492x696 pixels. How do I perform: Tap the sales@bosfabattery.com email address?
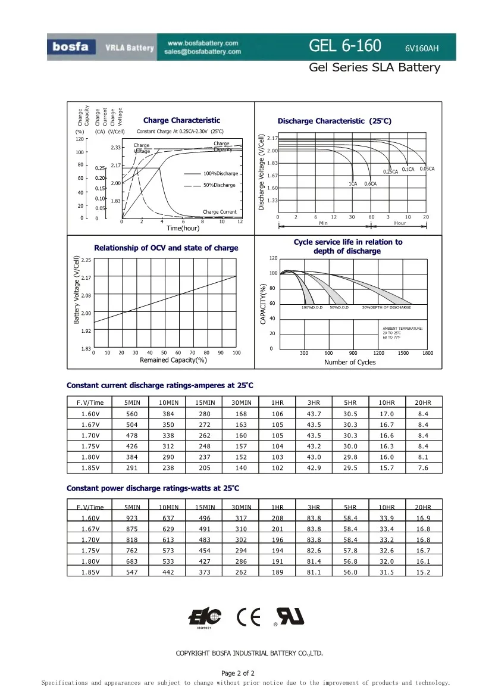(203, 52)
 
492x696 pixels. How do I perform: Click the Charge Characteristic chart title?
(181, 120)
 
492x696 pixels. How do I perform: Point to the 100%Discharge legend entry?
(220, 173)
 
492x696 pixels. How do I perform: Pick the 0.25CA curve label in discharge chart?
(390, 172)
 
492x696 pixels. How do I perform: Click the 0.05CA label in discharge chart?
(427, 169)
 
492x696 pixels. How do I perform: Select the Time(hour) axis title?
(183, 229)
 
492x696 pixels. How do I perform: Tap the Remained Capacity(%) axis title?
(173, 360)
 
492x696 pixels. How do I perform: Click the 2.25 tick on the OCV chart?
(86, 260)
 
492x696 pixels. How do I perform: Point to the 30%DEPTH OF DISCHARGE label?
(386, 307)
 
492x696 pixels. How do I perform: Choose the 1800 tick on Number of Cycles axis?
(427, 354)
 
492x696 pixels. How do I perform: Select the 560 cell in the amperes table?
(131, 414)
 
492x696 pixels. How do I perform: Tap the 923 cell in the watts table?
(131, 518)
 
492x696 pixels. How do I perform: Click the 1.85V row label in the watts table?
(90, 572)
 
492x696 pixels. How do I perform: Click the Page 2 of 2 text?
(238, 673)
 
